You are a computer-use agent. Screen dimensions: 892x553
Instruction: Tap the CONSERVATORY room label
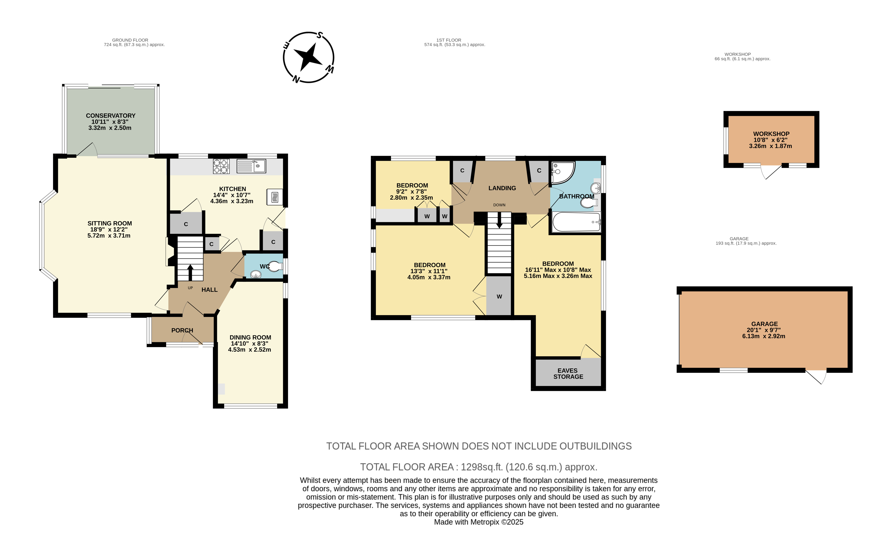tap(110, 115)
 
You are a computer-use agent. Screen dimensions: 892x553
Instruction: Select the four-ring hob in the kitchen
tap(221, 166)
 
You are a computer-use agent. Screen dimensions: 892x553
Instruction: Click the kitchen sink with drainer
tap(251, 166)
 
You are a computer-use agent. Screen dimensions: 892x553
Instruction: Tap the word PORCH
tap(182, 330)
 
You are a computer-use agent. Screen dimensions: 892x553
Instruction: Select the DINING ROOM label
tap(250, 338)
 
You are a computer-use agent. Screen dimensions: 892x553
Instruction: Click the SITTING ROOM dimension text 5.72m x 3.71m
tap(109, 236)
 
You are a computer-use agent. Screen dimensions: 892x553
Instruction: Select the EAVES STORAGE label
tap(568, 373)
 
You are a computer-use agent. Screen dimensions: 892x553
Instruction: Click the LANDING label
tap(502, 188)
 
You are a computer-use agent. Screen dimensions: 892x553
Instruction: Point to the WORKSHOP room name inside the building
tap(771, 134)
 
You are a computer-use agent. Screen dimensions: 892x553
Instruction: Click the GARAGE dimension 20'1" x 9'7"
tap(763, 330)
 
